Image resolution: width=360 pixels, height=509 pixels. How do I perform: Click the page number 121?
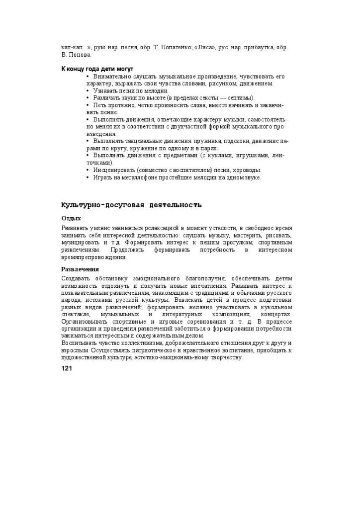[x=67, y=368]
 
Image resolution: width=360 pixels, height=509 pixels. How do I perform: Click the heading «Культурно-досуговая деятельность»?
[x=131, y=205]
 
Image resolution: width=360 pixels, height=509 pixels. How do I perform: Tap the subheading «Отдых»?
[x=71, y=218]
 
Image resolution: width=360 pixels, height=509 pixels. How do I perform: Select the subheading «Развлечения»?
[x=80, y=269]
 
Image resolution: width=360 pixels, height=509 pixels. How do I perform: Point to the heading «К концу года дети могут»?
[x=97, y=69]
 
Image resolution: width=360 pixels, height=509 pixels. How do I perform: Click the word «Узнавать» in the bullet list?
[x=105, y=91]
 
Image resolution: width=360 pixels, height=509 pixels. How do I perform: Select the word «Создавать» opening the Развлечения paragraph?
[x=77, y=278]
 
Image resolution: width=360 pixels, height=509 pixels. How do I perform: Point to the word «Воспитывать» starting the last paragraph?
[x=79, y=343]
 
